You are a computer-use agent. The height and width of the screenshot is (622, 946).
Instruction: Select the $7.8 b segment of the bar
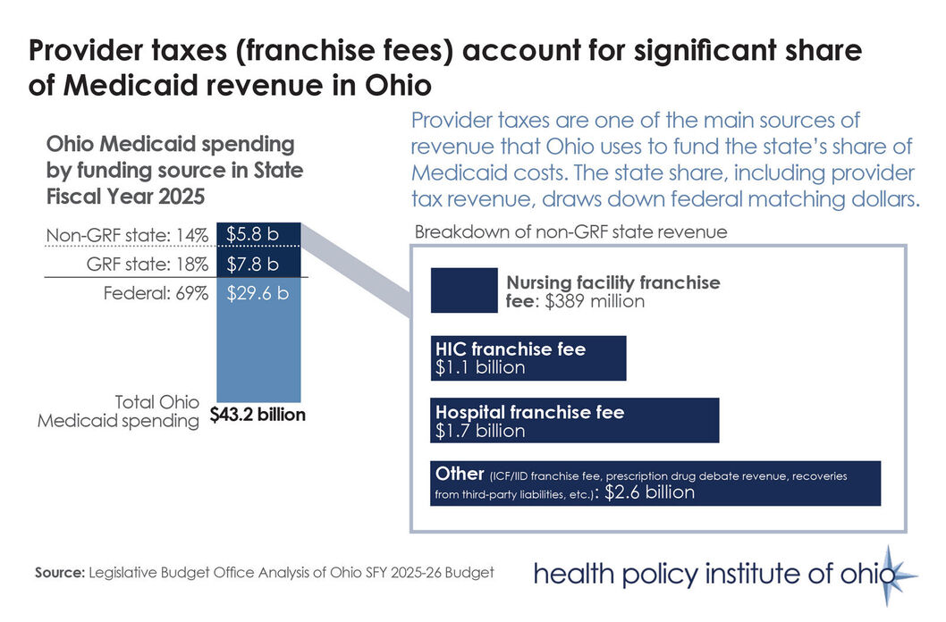[x=253, y=264]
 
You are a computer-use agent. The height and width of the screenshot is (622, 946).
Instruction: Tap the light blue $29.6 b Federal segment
[x=259, y=340]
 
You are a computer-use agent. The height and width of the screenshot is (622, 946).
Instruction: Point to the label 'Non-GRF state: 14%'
[x=127, y=237]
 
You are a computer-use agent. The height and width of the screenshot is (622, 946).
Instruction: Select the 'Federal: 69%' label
[x=152, y=291]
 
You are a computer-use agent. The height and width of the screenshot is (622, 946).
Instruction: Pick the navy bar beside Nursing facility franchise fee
[x=464, y=290]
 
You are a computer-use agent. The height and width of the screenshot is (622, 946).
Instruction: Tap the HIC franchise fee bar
[x=528, y=357]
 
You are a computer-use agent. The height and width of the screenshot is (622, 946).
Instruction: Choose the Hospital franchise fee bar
[x=574, y=421]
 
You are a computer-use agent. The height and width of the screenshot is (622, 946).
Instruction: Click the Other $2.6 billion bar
[x=655, y=483]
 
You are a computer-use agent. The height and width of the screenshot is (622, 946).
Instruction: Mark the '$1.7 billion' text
[x=480, y=431]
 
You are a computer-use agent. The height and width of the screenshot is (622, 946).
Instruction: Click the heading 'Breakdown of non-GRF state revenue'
[x=570, y=231]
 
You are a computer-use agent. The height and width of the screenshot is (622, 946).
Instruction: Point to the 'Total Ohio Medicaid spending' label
[x=118, y=412]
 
